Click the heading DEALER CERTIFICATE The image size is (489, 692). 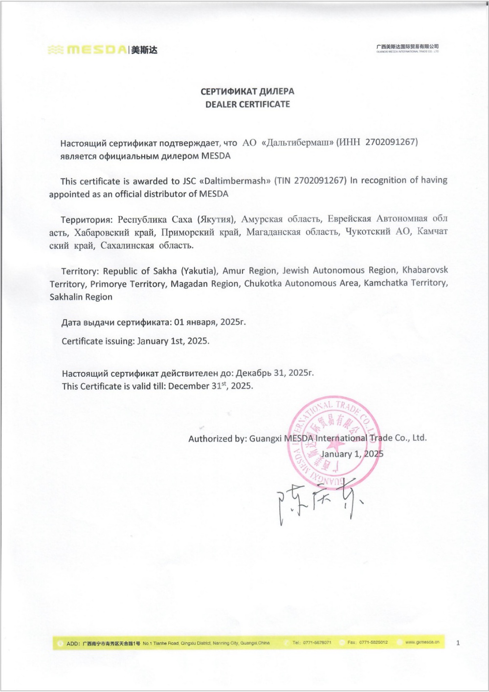click(247, 104)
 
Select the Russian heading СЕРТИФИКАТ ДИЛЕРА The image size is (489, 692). click(247, 91)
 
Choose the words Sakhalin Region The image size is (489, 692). click(81, 297)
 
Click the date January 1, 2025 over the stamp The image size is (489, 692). click(352, 454)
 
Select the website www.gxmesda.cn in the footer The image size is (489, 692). click(422, 642)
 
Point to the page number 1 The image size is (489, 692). click(458, 643)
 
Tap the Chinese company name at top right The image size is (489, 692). click(407, 46)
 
